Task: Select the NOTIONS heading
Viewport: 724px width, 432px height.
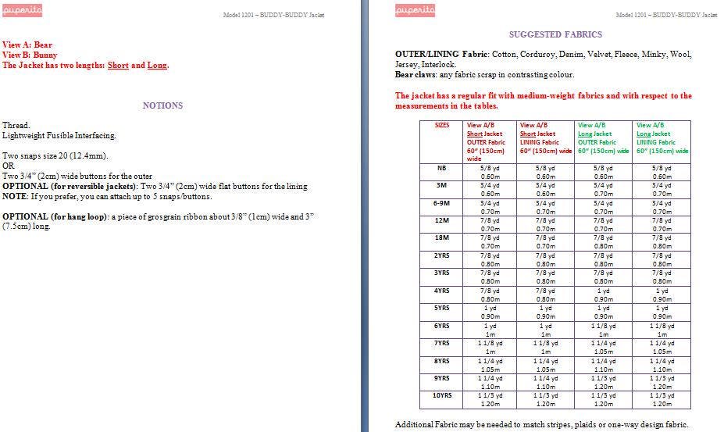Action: (x=162, y=105)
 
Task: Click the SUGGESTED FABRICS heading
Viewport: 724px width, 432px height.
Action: (x=555, y=34)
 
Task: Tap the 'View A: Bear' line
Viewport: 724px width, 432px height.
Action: (x=27, y=45)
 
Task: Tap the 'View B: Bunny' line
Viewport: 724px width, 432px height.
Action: (x=30, y=55)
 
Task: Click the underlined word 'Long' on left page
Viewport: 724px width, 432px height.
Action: (x=157, y=66)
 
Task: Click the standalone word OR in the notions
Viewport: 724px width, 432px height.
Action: (x=8, y=166)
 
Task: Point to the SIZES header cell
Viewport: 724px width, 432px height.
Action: (x=441, y=125)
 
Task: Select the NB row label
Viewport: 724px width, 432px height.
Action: (x=441, y=167)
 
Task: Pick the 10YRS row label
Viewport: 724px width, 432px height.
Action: (x=441, y=395)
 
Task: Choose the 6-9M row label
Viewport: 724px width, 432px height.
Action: (x=441, y=202)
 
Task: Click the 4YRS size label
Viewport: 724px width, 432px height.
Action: (x=441, y=290)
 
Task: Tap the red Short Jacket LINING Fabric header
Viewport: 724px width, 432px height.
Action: (x=545, y=137)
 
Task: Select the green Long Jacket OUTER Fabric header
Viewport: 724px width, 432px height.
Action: (x=603, y=137)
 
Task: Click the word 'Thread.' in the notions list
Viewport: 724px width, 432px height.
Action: (x=16, y=125)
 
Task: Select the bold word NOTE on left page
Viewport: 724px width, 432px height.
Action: (x=13, y=197)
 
